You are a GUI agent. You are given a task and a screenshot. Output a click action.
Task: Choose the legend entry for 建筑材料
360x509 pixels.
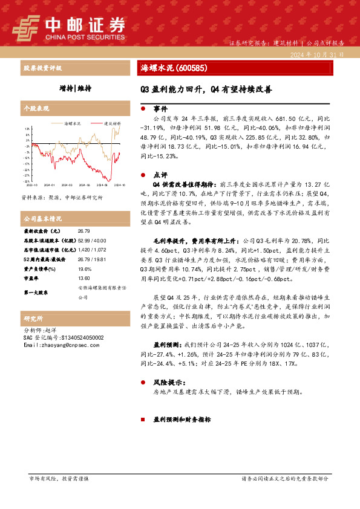(x=108, y=122)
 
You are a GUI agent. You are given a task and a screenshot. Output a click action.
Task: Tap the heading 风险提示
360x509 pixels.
(x=165, y=383)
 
